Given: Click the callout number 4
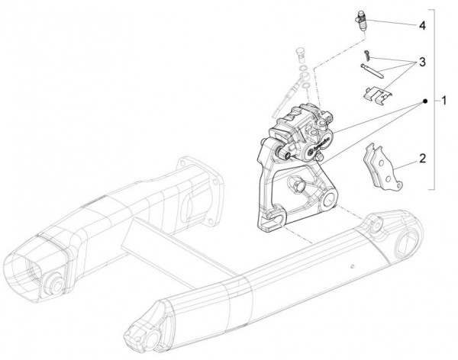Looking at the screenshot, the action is click(x=422, y=26).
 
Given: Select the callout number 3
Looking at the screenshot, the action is click(x=422, y=63).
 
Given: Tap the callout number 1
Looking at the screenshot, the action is click(x=444, y=101).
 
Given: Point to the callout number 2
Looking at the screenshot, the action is click(x=422, y=159).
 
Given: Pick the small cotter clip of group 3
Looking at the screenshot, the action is click(x=367, y=55).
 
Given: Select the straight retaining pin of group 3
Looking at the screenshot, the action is click(x=373, y=71).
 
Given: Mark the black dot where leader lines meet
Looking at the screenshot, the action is click(x=425, y=101).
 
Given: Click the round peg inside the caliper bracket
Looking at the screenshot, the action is click(x=298, y=185).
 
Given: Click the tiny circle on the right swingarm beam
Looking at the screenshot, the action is click(x=353, y=266).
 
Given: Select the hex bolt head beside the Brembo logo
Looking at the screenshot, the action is click(x=321, y=157).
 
